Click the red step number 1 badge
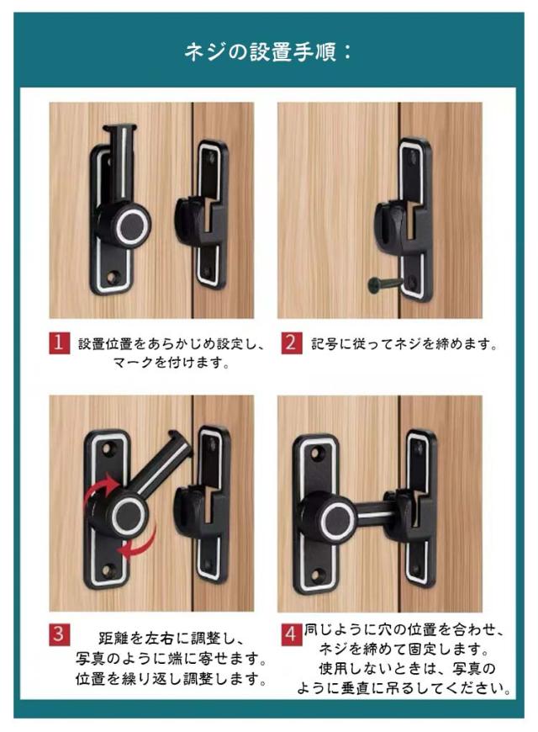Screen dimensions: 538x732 [58, 343]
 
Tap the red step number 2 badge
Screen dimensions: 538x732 [291, 343]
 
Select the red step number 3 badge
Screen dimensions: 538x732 [58, 634]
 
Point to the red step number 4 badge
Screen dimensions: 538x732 [291, 634]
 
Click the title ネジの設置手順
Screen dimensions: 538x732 [268, 52]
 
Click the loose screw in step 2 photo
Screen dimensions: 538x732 [385, 284]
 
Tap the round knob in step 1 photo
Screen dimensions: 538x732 [133, 225]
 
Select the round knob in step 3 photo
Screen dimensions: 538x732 [129, 514]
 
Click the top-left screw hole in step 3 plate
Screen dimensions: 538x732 [108, 450]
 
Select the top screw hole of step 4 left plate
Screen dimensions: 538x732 [320, 453]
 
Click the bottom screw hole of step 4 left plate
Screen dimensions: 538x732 [319, 575]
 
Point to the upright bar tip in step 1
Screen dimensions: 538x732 [119, 127]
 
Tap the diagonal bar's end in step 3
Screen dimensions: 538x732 [180, 442]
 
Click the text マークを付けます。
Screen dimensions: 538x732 [171, 363]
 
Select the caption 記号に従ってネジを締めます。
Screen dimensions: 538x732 [405, 344]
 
